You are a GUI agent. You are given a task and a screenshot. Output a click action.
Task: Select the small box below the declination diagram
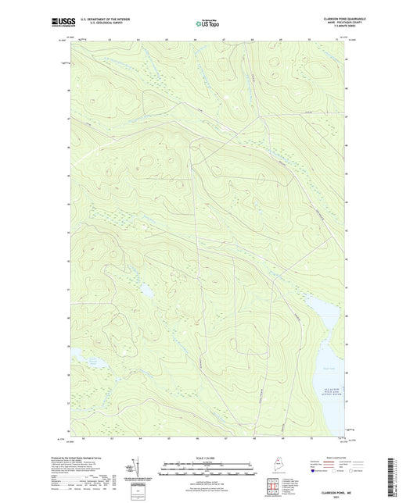pos(138,493)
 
